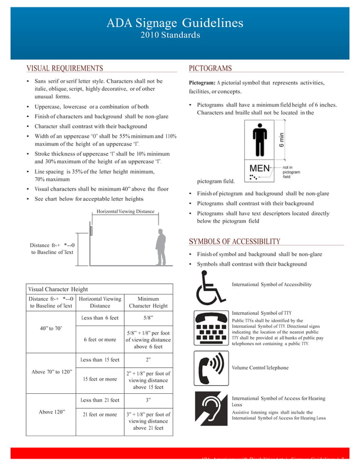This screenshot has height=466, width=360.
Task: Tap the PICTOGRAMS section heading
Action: point(210,68)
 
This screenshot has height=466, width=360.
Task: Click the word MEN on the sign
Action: point(260,168)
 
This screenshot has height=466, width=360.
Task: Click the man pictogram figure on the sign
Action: point(260,140)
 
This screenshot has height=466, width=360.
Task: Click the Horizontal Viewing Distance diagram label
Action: point(125,212)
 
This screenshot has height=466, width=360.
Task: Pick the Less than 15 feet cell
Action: point(100,359)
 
